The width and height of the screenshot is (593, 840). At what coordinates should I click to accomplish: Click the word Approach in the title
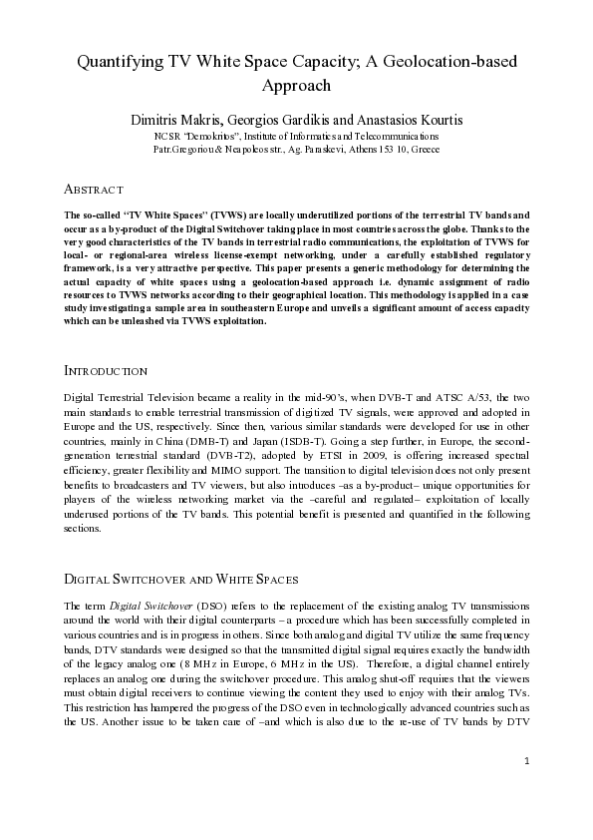(x=296, y=86)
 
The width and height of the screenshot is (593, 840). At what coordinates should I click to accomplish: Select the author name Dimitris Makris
(x=178, y=119)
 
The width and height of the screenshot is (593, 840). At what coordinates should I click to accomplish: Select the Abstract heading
(x=93, y=190)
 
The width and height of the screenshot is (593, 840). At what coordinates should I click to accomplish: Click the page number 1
(x=526, y=789)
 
